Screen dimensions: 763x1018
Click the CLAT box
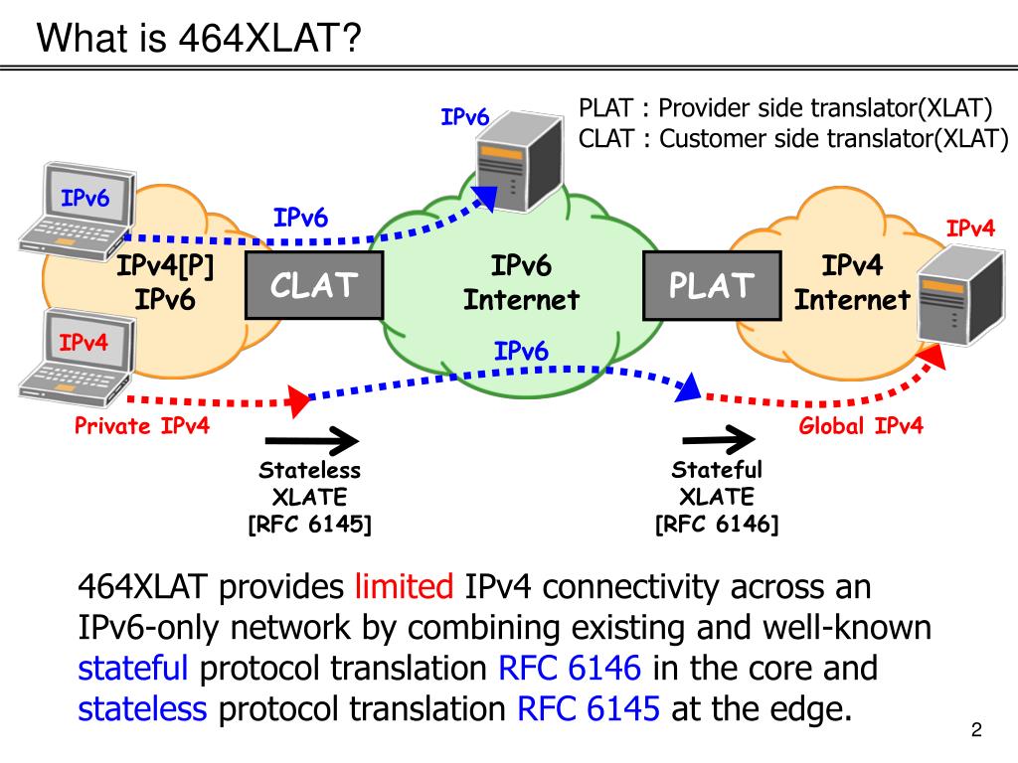pyautogui.click(x=314, y=286)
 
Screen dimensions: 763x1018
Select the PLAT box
pyautogui.click(x=712, y=286)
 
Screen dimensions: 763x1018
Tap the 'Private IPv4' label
pyautogui.click(x=142, y=426)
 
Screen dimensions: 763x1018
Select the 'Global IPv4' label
pyautogui.click(x=861, y=426)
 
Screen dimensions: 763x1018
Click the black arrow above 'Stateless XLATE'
pyautogui.click(x=311, y=438)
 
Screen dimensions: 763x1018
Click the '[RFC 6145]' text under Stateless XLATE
pyautogui.click(x=309, y=524)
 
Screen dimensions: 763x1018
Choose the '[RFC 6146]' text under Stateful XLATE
pyautogui.click(x=717, y=524)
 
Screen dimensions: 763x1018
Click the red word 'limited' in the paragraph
pyautogui.click(x=404, y=587)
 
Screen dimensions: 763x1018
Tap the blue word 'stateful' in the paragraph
pyautogui.click(x=133, y=668)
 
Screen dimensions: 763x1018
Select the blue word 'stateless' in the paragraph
pyautogui.click(x=142, y=708)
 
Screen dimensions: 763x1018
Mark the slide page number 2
pyautogui.click(x=976, y=731)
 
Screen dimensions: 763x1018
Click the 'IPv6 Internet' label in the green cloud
pyautogui.click(x=521, y=283)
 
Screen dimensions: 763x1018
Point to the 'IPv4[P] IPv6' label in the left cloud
pyautogui.click(x=165, y=283)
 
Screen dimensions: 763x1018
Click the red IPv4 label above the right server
pyautogui.click(x=970, y=229)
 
